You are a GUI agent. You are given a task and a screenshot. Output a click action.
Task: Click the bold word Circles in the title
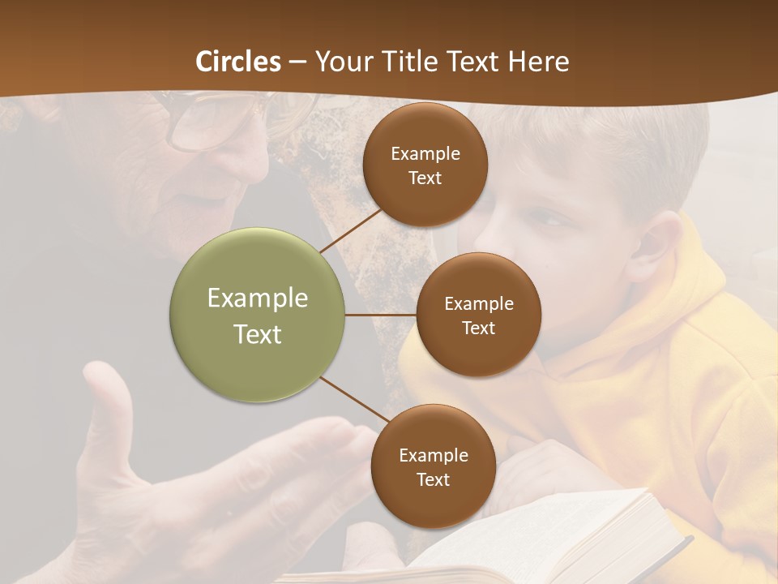click(x=238, y=62)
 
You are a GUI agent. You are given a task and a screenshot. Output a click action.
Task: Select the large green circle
click(x=258, y=315)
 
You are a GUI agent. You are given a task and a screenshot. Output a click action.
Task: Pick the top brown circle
click(x=425, y=165)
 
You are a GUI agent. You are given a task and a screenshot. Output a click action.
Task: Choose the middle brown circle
click(x=478, y=315)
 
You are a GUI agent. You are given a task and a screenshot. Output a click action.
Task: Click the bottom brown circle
click(x=433, y=466)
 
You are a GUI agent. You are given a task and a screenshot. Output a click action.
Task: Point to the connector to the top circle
click(x=353, y=230)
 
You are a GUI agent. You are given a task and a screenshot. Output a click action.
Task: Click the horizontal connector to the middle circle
click(x=381, y=315)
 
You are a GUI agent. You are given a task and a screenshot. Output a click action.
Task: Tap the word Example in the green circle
click(x=258, y=298)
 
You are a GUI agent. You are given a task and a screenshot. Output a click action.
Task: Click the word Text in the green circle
click(x=258, y=334)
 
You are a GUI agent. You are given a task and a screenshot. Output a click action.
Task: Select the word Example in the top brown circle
click(x=425, y=153)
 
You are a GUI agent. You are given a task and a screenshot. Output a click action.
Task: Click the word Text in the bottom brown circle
click(x=433, y=479)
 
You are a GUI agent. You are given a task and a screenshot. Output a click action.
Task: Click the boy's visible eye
click(x=552, y=219)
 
